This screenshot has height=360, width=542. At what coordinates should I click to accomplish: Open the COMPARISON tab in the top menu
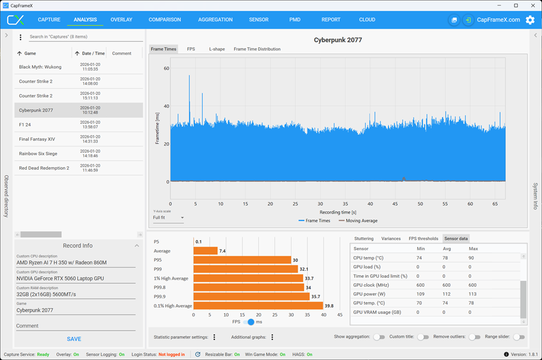pyautogui.click(x=164, y=20)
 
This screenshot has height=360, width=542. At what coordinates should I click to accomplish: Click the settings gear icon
pyautogui.click(x=530, y=20)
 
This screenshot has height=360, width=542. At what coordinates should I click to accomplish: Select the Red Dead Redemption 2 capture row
pyautogui.click(x=79, y=168)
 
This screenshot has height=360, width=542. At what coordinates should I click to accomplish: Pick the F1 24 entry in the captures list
pyautogui.click(x=79, y=125)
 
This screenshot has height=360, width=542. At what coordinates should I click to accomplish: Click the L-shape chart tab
pyautogui.click(x=217, y=49)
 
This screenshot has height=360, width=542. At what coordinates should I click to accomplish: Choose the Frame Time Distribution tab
pyautogui.click(x=257, y=49)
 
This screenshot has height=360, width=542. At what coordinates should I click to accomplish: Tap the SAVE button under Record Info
pyautogui.click(x=74, y=339)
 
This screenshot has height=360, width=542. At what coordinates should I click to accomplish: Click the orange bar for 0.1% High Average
pyautogui.click(x=258, y=306)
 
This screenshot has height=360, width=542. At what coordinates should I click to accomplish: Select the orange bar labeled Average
pyautogui.click(x=205, y=251)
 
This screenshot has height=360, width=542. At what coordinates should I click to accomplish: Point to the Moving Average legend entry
pyautogui.click(x=358, y=221)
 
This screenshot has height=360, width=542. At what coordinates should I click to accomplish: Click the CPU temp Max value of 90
pyautogui.click(x=471, y=258)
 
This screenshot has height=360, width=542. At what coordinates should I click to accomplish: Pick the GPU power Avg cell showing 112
pyautogui.click(x=446, y=294)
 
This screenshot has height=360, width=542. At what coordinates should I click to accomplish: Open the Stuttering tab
pyautogui.click(x=364, y=239)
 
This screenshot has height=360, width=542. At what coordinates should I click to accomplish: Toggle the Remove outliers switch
pyautogui.click(x=475, y=337)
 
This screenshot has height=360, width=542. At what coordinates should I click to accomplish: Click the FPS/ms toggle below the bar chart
pyautogui.click(x=248, y=322)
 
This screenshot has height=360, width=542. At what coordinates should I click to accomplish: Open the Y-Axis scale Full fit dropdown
pyautogui.click(x=168, y=218)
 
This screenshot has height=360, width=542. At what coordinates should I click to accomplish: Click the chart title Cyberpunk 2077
pyautogui.click(x=338, y=40)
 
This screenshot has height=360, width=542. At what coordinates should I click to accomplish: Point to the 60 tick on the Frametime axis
pyautogui.click(x=167, y=68)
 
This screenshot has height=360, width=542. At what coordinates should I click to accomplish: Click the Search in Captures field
pyautogui.click(x=86, y=37)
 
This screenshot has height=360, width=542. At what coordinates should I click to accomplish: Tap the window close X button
pyautogui.click(x=533, y=5)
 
